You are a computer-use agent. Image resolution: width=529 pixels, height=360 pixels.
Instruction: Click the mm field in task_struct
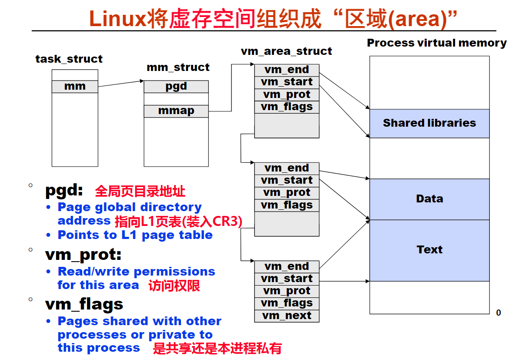(75, 87)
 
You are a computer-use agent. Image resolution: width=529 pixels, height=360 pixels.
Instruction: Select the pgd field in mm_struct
(176, 87)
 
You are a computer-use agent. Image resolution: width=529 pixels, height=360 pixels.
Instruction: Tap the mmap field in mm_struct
(176, 111)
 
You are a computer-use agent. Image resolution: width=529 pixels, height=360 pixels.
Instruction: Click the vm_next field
(287, 316)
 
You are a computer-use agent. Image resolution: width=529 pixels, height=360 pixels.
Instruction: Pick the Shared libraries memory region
(429, 123)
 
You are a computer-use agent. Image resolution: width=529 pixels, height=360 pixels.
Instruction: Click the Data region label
(429, 199)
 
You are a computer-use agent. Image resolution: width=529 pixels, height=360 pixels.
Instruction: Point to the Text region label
(429, 249)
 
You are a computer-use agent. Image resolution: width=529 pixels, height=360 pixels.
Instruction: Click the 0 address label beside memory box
(498, 313)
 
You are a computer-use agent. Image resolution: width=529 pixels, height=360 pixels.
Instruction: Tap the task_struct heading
(69, 59)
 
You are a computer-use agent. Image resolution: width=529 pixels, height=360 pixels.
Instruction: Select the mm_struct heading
(178, 67)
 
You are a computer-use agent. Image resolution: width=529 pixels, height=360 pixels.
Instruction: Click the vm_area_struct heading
(286, 51)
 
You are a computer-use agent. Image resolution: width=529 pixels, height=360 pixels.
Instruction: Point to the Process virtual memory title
(437, 43)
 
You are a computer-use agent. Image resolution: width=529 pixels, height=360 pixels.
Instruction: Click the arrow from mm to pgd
(121, 84)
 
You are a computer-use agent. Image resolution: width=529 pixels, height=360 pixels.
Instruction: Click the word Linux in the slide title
(118, 19)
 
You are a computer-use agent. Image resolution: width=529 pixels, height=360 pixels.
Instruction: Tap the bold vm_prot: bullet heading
(83, 255)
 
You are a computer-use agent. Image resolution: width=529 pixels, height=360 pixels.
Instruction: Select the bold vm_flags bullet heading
(84, 304)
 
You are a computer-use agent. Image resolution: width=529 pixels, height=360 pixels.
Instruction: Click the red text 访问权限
(174, 286)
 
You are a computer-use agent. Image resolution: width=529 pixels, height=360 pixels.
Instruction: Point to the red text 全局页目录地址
(140, 191)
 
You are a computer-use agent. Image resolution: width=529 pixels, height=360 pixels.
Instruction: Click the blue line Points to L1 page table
(135, 235)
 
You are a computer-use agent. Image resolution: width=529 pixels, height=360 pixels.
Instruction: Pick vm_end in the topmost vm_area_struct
(287, 70)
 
